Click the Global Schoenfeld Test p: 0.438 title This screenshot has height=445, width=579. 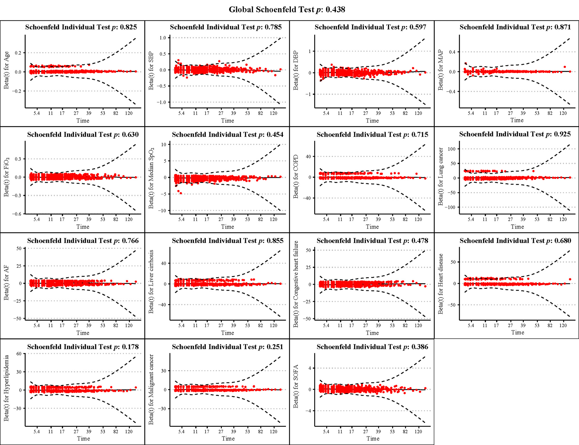pyautogui.click(x=287, y=10)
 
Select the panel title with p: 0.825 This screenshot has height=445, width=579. pyautogui.click(x=81, y=27)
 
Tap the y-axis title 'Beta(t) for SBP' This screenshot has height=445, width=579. pyautogui.click(x=151, y=71)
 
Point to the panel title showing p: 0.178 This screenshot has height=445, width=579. pyautogui.click(x=83, y=347)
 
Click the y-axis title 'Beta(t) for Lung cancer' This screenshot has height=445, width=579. pyautogui.click(x=441, y=176)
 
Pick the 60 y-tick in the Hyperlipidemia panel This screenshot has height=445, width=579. pyautogui.click(x=19, y=354)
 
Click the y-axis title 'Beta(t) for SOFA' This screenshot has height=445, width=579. pyautogui.click(x=296, y=386)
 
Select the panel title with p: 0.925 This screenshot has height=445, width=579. pyautogui.click(x=515, y=134)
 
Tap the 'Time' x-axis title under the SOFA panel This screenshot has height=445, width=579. pyautogui.click(x=373, y=439)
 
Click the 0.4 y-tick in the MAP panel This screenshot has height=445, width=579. pyautogui.click(x=452, y=52)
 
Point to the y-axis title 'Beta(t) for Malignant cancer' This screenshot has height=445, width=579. pyautogui.click(x=151, y=389)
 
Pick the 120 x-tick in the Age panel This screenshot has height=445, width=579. pyautogui.click(x=129, y=113)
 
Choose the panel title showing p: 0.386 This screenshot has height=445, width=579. pyautogui.click(x=372, y=347)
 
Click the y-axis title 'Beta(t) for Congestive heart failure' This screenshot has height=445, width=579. pyautogui.click(x=296, y=284)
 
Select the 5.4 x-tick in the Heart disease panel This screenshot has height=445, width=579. pyautogui.click(x=471, y=325)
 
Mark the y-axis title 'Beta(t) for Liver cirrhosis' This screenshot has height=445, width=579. pyautogui.click(x=151, y=282)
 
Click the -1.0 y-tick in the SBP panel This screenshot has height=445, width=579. pyautogui.click(x=161, y=102)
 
